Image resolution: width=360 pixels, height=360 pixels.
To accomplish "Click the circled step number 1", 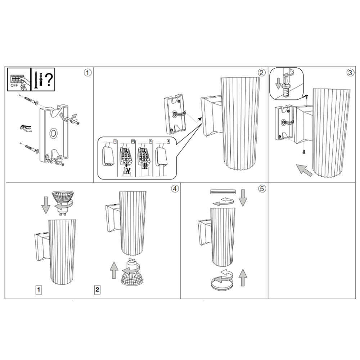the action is tap(87, 73).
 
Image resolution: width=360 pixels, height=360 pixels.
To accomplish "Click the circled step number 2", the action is tap(261, 73).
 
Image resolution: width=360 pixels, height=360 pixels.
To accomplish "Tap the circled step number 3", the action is tap(350, 73).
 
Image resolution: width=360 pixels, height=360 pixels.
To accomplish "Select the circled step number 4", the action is tap(175, 189).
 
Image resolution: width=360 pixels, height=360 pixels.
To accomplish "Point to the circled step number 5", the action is tap(262, 189).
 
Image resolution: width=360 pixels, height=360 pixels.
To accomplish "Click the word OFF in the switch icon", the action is tap(14, 85).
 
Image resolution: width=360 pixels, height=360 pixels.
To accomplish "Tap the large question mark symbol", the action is tap(49, 80).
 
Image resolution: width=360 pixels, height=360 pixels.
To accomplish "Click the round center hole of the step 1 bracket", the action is tap(54, 133).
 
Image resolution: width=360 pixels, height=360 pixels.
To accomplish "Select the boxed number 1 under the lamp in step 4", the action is tap(39, 289).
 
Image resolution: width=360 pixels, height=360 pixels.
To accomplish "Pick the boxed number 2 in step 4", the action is tap(97, 289).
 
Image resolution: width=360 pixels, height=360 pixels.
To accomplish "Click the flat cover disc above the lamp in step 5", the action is tap(223, 192).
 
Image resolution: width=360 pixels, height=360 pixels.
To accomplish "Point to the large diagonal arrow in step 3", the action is tap(304, 170).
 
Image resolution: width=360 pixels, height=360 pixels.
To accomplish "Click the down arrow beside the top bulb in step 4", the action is tap(46, 205).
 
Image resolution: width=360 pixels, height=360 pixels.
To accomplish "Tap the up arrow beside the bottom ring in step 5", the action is tap(242, 278).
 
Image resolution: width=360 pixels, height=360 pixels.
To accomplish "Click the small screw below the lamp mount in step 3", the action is tap(304, 152).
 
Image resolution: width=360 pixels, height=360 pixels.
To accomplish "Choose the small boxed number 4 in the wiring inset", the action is tap(168, 141).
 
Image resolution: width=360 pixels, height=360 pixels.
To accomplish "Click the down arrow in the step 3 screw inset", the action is tap(278, 84).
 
